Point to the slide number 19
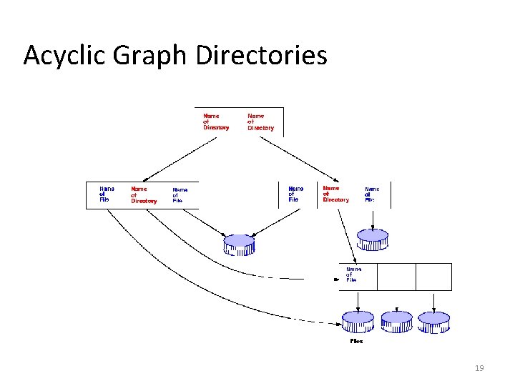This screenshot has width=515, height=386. point(479,368)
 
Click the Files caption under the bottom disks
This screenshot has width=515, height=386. point(356,341)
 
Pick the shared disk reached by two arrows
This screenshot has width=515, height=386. point(239,244)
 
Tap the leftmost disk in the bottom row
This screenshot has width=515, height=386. point(358,322)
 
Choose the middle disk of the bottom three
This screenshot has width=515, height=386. point(397,322)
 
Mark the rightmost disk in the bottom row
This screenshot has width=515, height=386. point(433,322)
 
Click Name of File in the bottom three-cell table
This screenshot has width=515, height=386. point(353,274)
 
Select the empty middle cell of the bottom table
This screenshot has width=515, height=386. point(396,277)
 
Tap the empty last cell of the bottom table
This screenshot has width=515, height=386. point(433,277)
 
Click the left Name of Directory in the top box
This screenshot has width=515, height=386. point(216,121)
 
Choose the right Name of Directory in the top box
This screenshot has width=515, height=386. point(260,122)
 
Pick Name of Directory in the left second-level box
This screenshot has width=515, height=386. point(143,194)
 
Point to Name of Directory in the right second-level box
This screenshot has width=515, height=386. point(335,194)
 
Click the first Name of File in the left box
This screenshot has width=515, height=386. point(107,194)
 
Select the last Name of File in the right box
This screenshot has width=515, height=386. point(371,194)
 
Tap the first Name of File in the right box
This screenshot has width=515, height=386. point(295,194)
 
